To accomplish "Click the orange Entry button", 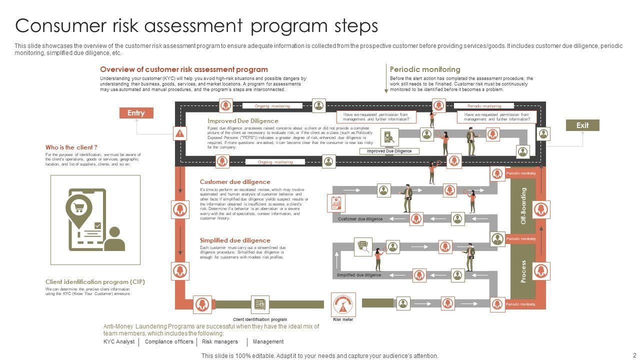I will (x=136, y=113).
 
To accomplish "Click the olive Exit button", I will (x=582, y=125).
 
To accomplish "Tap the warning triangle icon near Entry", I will (x=180, y=133).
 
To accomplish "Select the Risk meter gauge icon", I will (x=343, y=304).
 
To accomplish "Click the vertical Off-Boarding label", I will (x=523, y=206).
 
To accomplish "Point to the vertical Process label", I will (x=523, y=271).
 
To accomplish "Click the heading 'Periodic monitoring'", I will (x=425, y=69).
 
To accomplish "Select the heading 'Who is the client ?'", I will (x=71, y=147).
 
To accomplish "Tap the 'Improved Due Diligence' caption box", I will (x=389, y=151).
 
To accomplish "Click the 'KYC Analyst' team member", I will (x=119, y=342).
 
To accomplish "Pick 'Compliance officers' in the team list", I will (x=169, y=342).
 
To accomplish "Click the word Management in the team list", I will (x=268, y=342).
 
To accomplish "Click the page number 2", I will (x=634, y=355).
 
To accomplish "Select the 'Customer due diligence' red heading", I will (x=235, y=182).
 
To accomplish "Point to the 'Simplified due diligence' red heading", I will (x=235, y=240).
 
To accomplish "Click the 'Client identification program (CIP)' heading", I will (x=95, y=282).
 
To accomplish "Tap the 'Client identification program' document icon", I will (x=259, y=304).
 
